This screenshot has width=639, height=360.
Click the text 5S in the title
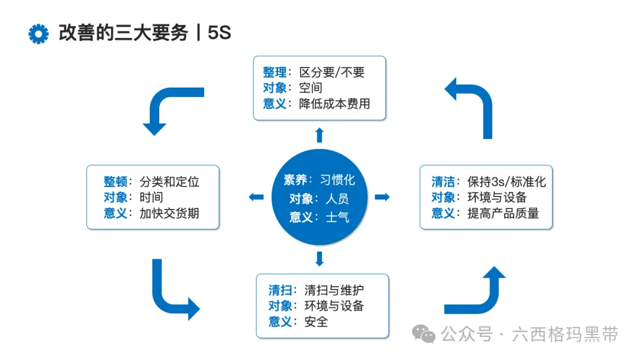[219, 33]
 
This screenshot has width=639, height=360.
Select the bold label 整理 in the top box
[275, 72]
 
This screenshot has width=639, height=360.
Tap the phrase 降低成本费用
[335, 104]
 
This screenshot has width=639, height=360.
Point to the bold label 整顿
[115, 181]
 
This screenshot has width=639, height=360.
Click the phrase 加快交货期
[169, 213]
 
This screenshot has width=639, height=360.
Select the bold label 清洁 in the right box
[443, 182]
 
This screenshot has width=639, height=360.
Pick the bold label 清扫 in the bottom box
[280, 290]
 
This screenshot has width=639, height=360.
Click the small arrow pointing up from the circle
[319, 134]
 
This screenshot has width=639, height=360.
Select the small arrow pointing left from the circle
[256, 197]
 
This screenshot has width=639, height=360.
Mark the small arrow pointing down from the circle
[319, 258]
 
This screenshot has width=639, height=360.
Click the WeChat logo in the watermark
[424, 335]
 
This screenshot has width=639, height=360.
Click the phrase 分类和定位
[169, 181]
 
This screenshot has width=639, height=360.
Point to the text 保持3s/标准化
[506, 182]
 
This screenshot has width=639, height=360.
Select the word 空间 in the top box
[311, 88]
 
